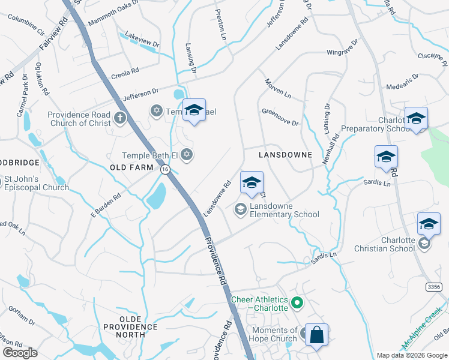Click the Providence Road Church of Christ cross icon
tap(119, 118)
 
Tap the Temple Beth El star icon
tap(187, 155)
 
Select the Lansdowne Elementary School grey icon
tap(240, 209)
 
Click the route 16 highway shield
tap(164, 170)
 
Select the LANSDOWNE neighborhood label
tap(285, 155)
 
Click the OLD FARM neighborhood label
tap(131, 167)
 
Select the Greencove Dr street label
tap(280, 117)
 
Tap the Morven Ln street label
tap(278, 88)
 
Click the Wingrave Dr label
tap(342, 47)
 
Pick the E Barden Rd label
tap(106, 204)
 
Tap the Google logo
tap(20, 353)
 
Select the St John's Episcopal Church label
tap(37, 183)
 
